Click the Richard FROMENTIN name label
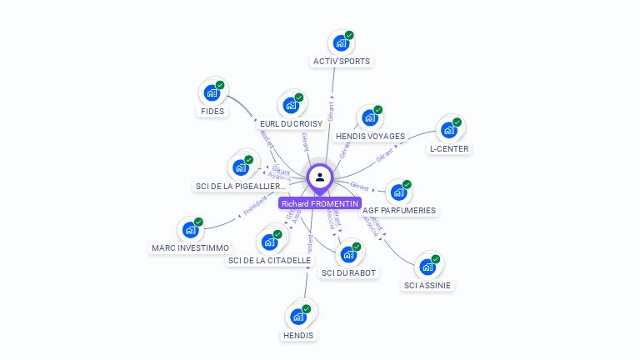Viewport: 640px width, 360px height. click(x=320, y=203)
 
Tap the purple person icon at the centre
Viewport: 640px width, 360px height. click(x=320, y=177)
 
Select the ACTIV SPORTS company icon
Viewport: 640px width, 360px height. click(x=340, y=42)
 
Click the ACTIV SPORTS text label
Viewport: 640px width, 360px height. click(x=342, y=61)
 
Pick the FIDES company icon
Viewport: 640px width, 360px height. click(x=212, y=92)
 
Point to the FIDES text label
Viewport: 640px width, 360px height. click(x=212, y=111)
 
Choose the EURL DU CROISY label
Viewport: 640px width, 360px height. click(x=291, y=123)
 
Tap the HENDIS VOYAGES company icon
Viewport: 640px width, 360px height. click(x=369, y=117)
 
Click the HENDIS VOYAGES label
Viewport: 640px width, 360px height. click(x=370, y=136)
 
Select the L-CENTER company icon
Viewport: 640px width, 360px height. click(x=448, y=130)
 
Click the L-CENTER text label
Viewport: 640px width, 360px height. click(x=449, y=148)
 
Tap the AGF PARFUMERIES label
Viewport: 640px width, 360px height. click(x=399, y=210)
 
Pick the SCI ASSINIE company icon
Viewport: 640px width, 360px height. click(x=427, y=267)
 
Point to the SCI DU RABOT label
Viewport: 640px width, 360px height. click(x=349, y=272)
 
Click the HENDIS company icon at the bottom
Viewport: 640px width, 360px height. click(x=297, y=317)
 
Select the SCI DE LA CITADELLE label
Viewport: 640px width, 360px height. click(x=269, y=260)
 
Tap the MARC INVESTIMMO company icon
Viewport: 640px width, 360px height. click(x=190, y=229)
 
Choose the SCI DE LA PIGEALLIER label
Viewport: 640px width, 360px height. click(x=241, y=186)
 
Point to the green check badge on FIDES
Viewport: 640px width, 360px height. click(x=220, y=85)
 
